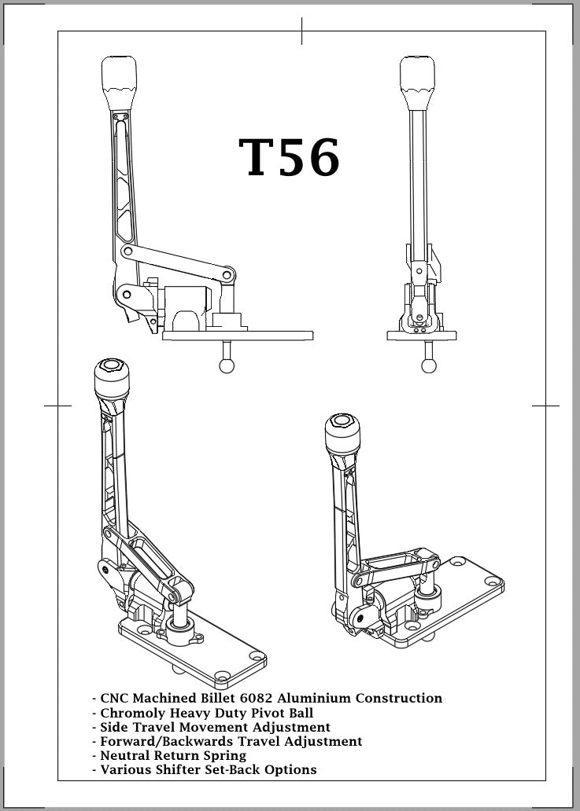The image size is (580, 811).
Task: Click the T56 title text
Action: coord(290,158)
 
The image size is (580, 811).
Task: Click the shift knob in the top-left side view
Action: coord(119,76)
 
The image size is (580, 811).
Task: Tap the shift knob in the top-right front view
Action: coord(418,76)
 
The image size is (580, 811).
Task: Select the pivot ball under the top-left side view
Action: coord(227,365)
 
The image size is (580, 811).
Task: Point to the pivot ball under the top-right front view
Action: coord(429,365)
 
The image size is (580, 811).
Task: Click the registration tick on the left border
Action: coord(57,405)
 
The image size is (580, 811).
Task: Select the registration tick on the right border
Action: coord(545,405)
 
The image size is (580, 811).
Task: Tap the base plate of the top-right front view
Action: coord(422,336)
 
